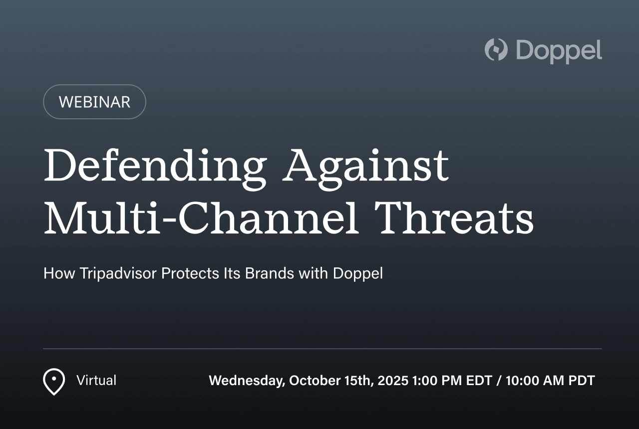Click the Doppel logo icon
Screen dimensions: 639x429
(x=496, y=49)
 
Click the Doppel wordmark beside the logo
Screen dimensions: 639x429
(x=559, y=51)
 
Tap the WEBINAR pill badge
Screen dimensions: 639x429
(x=94, y=102)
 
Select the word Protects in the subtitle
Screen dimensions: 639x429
(x=190, y=273)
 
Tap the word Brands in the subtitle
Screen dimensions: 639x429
(x=269, y=273)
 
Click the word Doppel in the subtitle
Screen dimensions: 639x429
(x=358, y=274)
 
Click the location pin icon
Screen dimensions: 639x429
(x=54, y=382)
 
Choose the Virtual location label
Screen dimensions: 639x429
(x=96, y=380)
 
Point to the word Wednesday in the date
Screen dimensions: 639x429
(x=247, y=381)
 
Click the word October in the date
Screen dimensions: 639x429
(x=315, y=381)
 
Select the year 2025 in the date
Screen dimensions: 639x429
(x=393, y=381)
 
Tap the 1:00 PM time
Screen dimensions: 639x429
(x=437, y=381)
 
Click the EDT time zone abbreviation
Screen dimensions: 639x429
(x=479, y=381)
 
